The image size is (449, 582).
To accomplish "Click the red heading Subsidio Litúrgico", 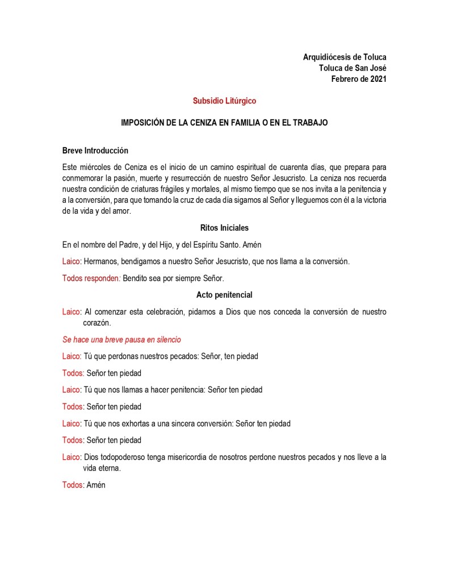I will point(224,101).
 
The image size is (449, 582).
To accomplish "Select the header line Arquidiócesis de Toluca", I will point(345,57).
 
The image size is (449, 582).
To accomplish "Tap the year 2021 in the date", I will point(377,79).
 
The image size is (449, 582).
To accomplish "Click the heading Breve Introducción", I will point(95,151).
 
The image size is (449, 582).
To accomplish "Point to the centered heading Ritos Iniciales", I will point(224,228).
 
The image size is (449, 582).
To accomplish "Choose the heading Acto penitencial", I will point(224,295).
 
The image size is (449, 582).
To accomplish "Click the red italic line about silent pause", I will point(121,339).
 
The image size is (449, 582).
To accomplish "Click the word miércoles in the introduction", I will point(97,167).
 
